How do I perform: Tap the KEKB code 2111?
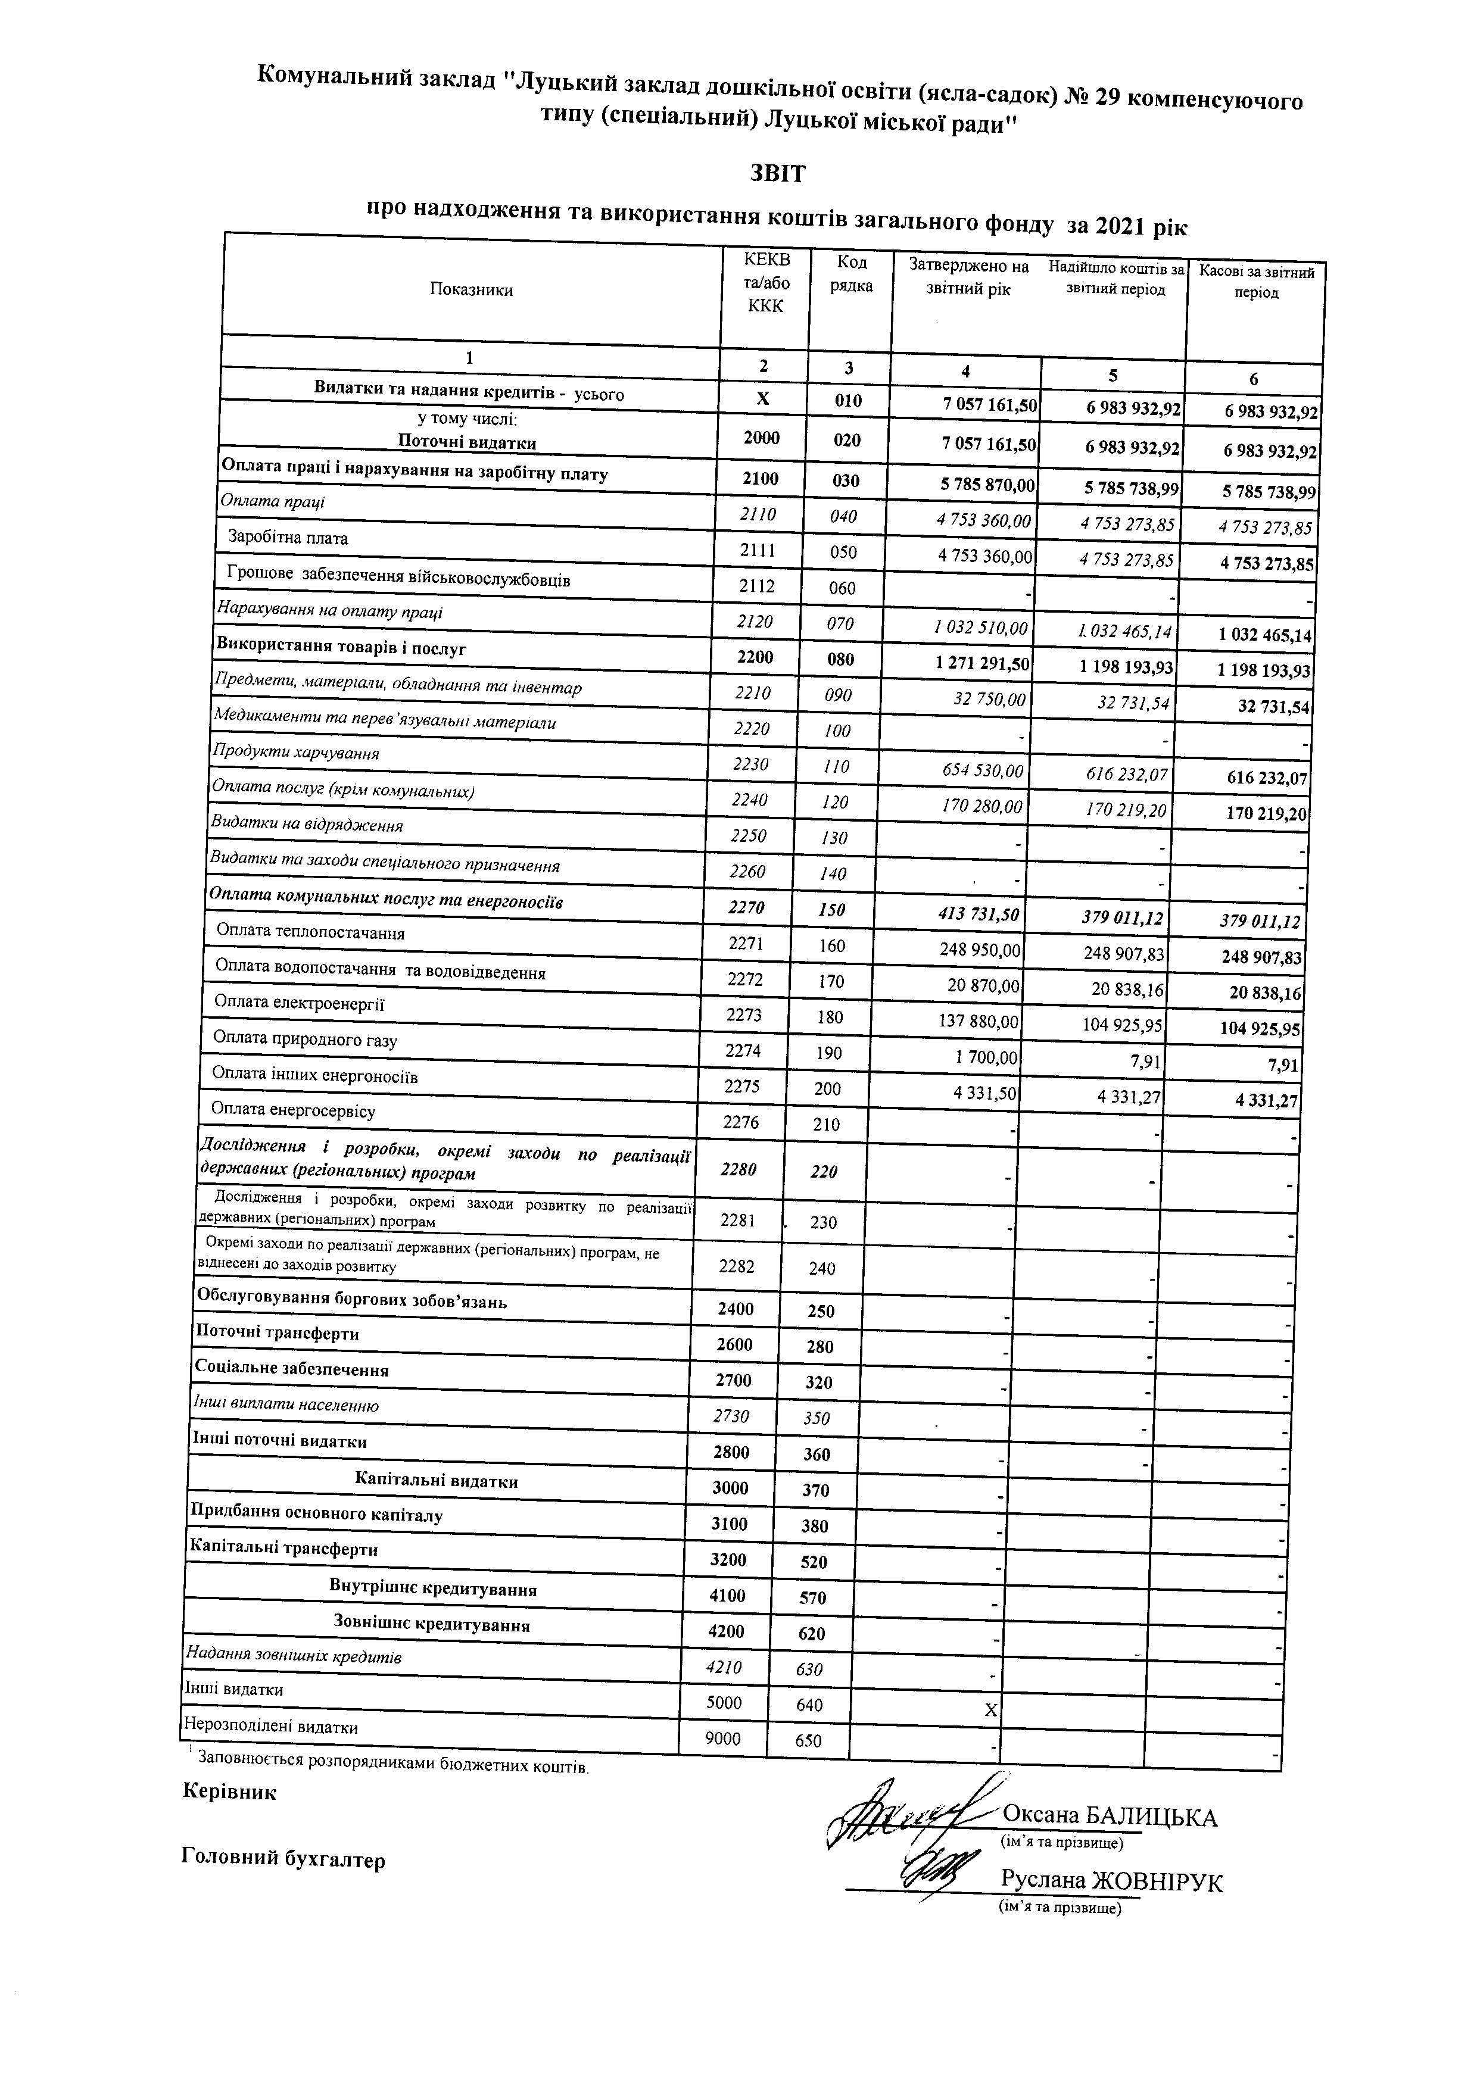pyautogui.click(x=758, y=550)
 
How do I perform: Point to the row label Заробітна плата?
pyautogui.click(x=288, y=538)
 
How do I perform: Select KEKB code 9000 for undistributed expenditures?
pyautogui.click(x=723, y=1738)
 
